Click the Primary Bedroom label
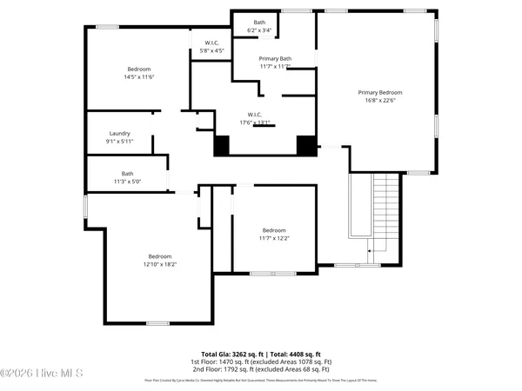point(380,92)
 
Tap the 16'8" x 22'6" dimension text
point(380,100)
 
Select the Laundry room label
point(119,134)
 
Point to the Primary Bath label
point(275,58)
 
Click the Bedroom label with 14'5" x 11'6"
point(139,70)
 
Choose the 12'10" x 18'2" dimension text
point(159,264)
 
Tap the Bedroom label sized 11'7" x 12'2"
point(274,230)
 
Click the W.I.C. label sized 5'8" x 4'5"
point(212,43)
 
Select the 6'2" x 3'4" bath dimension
point(259,30)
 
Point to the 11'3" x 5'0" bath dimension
point(127,181)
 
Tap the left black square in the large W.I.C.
point(222,146)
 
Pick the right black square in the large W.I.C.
point(305,145)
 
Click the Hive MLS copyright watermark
point(42,373)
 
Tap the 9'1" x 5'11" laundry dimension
point(119,142)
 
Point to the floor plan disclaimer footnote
point(261,381)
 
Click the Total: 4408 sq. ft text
point(295,355)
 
